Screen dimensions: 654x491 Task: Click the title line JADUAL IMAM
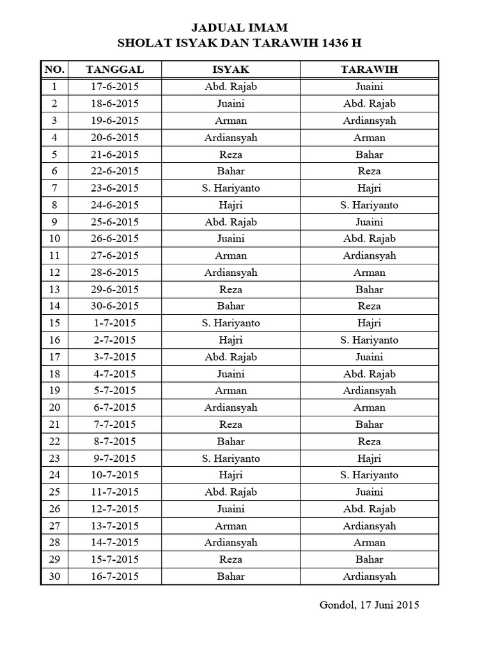(x=240, y=27)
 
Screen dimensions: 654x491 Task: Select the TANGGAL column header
(x=114, y=69)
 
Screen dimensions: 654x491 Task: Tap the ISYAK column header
(x=231, y=69)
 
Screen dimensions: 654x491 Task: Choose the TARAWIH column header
(x=370, y=69)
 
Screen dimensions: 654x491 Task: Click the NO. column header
(x=54, y=69)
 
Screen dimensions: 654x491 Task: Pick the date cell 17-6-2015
(x=114, y=87)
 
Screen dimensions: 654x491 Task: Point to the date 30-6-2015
(x=114, y=306)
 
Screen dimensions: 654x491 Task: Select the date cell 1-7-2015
(x=114, y=323)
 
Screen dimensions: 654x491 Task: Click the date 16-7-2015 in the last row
(x=114, y=576)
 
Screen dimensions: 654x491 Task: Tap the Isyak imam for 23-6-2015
(x=231, y=188)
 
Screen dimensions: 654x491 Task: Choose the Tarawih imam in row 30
(x=370, y=576)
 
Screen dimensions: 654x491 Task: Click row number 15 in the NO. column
(x=54, y=323)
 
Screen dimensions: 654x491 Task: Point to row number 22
(x=54, y=441)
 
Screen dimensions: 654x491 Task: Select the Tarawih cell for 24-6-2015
(x=370, y=205)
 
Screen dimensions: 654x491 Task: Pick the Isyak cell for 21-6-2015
(x=231, y=154)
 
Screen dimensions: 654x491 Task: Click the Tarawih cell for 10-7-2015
(x=370, y=475)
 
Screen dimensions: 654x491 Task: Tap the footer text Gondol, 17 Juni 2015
(x=369, y=605)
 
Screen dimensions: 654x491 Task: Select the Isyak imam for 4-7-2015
(x=231, y=374)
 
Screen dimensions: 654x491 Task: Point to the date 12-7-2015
(x=114, y=509)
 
